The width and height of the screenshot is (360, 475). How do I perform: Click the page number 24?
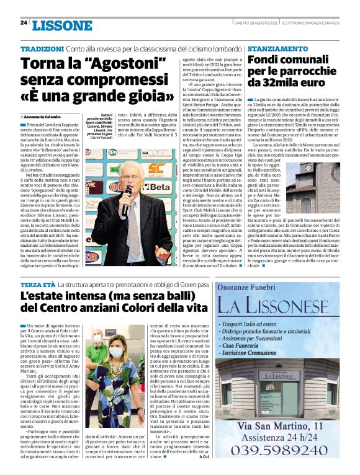[x=24, y=23]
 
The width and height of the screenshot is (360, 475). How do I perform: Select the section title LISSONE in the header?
[x=61, y=24]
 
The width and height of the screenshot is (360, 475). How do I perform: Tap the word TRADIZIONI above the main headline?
[x=40, y=48]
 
